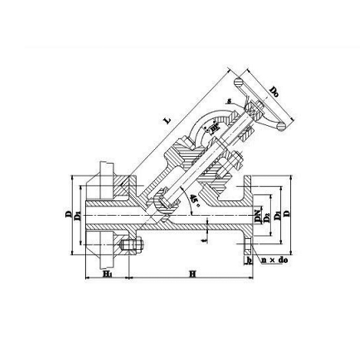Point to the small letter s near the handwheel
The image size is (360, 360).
pos(229,100)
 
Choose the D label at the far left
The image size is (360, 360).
pos(68,214)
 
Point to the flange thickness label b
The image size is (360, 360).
pos(248,260)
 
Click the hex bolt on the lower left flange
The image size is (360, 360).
pos(132,247)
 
